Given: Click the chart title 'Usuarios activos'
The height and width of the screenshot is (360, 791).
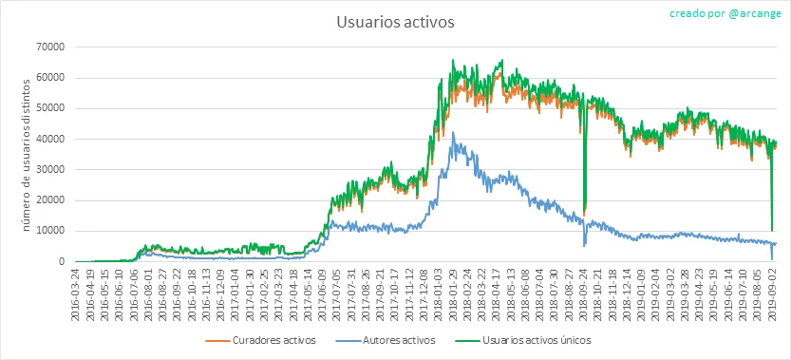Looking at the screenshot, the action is click(395, 23).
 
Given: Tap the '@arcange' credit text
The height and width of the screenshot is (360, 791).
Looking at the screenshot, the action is click(755, 13).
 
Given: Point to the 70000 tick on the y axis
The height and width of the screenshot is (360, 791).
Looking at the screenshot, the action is click(49, 47).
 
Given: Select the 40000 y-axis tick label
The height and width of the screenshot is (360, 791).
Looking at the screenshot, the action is click(49, 139).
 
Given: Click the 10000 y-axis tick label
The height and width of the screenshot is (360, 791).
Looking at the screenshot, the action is click(49, 231).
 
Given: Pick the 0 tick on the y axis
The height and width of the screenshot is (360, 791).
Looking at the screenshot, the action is click(62, 262).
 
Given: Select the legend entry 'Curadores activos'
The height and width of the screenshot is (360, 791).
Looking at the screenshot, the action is click(261, 340).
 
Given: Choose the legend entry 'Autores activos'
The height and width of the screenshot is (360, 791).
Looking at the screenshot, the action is click(385, 340).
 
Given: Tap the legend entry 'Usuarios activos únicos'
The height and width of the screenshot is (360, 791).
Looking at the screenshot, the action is click(524, 340).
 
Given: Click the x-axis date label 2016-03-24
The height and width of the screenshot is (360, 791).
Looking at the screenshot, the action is click(75, 293).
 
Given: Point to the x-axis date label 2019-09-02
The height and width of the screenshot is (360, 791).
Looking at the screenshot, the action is click(772, 293).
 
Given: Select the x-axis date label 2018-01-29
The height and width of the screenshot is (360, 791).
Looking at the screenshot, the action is click(453, 293).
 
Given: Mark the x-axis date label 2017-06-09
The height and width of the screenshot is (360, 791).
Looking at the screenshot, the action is click(322, 293).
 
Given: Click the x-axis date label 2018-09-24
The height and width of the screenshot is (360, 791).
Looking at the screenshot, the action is click(584, 293).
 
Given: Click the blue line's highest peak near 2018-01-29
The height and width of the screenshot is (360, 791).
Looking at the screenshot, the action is click(453, 132).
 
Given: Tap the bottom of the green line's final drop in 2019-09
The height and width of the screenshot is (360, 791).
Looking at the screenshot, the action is click(772, 230).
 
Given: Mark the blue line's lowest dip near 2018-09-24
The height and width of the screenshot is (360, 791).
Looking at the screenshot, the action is click(584, 246).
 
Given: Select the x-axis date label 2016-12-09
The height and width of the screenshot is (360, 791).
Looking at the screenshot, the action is click(220, 293).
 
